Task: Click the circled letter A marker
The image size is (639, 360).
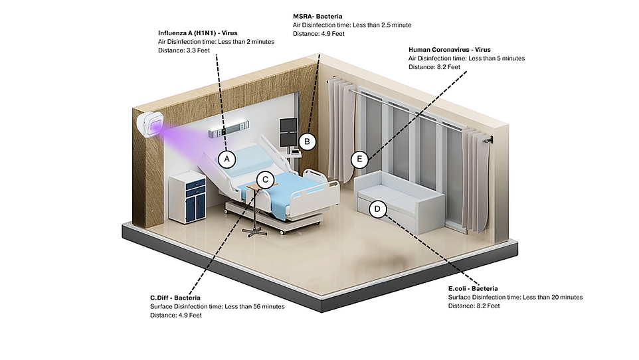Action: point(227,159)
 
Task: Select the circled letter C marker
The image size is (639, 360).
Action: point(265,179)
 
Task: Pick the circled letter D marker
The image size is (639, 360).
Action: point(377,209)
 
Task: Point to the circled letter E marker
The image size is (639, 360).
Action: point(359,159)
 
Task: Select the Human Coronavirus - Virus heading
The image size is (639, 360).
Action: point(450,49)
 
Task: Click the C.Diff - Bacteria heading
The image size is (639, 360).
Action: point(175,298)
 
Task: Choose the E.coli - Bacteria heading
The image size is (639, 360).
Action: point(473,288)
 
